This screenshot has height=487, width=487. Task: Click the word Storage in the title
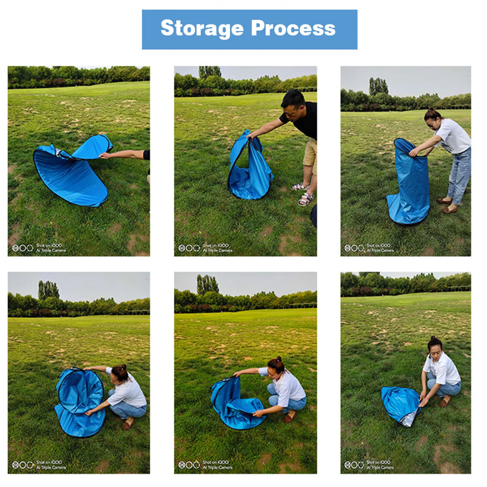[x=202, y=28]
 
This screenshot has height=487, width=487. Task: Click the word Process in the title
[x=293, y=28]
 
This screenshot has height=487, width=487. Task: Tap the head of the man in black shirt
[x=293, y=102]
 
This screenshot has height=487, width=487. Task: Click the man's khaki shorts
[x=311, y=155]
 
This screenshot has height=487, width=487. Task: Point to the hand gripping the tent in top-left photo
[x=105, y=156]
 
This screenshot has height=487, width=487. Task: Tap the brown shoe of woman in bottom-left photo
[x=128, y=424]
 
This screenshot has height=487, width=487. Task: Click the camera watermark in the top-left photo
[x=39, y=248]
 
